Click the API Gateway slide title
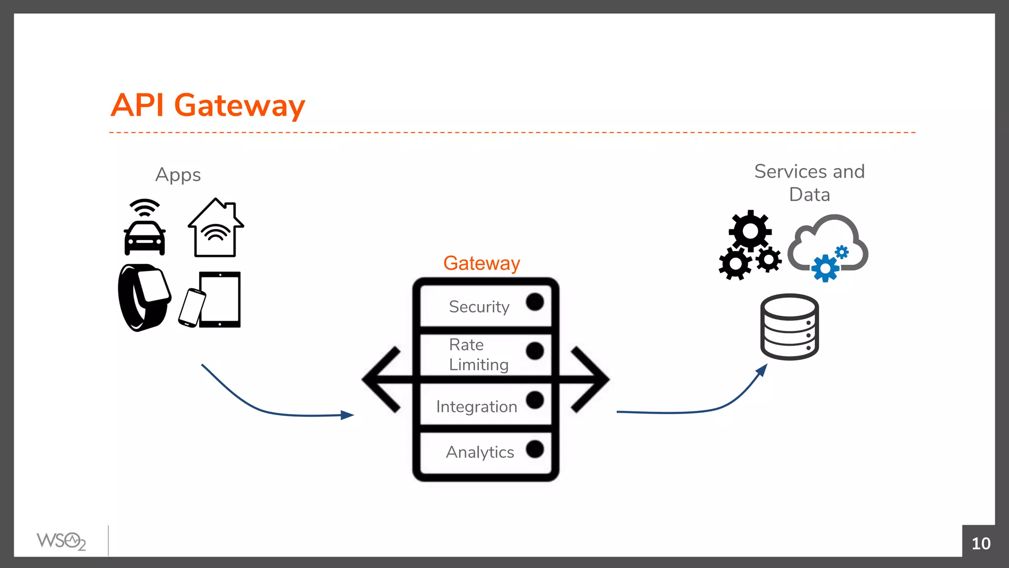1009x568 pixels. coord(207,105)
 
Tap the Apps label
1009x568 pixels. coord(178,175)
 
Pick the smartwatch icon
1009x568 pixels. coord(143,297)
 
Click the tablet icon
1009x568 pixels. coord(220,299)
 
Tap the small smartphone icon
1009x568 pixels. coord(192,308)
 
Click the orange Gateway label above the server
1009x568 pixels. coord(481,263)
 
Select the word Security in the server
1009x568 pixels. coord(479,307)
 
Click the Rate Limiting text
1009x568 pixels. coord(478,355)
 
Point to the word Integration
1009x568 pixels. coord(476,407)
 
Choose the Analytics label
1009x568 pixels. coord(480,452)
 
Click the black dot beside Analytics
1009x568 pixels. coord(535,449)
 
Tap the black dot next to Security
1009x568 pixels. coord(535,302)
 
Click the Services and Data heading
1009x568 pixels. coord(809,182)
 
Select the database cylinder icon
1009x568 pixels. coord(789,327)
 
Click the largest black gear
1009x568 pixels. coord(750,231)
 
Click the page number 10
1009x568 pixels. coord(980,543)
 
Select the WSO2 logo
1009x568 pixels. coord(61,541)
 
